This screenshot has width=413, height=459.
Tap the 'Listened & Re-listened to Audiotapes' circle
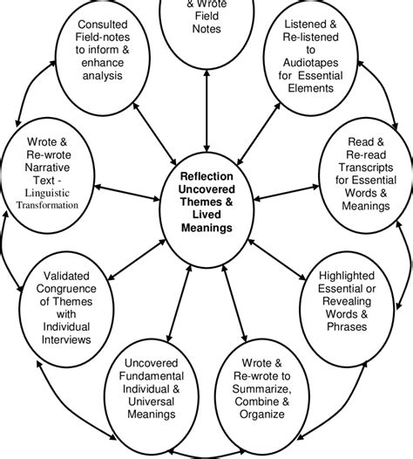(x=315, y=55)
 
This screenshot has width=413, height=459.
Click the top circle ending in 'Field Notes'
(x=206, y=22)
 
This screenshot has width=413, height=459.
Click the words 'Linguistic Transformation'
(x=50, y=199)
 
